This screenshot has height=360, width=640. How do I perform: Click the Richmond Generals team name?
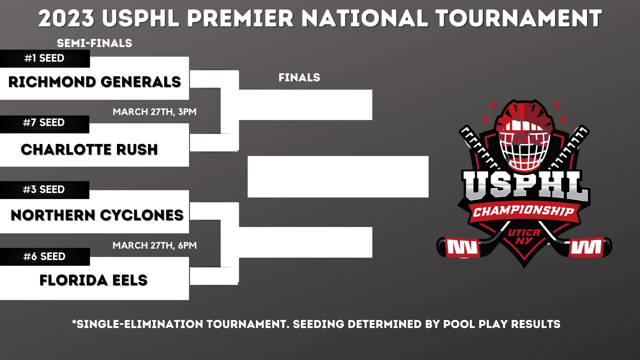coord(95,82)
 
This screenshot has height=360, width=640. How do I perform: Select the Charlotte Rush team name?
coord(89,150)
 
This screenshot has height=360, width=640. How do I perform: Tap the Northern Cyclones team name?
coord(97,215)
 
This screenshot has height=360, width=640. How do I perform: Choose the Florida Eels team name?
coord(93,280)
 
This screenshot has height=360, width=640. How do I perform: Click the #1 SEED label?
coord(44,58)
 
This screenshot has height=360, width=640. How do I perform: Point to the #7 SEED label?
coord(44,123)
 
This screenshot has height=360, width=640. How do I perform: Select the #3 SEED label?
coord(44,190)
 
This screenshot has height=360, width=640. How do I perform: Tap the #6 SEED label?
coord(44,257)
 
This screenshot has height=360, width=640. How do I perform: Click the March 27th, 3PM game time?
coord(155,112)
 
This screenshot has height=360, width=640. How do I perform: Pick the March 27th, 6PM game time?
coord(155,246)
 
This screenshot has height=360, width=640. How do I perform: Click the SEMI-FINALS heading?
coord(94,43)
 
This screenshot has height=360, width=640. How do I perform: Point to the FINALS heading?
coord(299,78)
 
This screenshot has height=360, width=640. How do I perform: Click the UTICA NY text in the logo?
coord(524,236)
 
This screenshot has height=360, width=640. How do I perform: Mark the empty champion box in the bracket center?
coord(338,177)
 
